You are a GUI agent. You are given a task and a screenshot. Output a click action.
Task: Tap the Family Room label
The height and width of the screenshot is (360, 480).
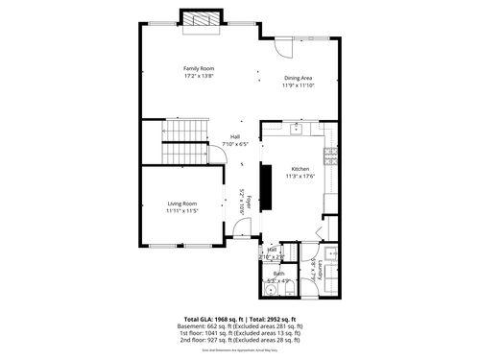click(199, 68)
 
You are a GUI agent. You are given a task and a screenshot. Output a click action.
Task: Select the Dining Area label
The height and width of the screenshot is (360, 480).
click(298, 78)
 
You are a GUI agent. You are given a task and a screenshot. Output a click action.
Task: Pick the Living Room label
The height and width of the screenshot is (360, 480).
click(181, 204)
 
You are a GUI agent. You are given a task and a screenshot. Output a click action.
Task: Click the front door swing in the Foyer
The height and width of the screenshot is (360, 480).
click(244, 231)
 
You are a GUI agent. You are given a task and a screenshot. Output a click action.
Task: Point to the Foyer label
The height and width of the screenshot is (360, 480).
click(248, 203)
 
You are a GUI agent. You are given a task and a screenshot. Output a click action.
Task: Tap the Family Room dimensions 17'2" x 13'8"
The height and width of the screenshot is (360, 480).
click(199, 75)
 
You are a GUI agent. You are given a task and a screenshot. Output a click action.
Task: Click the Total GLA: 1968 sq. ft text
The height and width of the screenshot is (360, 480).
click(212, 319)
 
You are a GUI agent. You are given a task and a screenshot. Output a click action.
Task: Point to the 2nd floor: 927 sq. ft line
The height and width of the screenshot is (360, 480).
click(240, 340)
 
